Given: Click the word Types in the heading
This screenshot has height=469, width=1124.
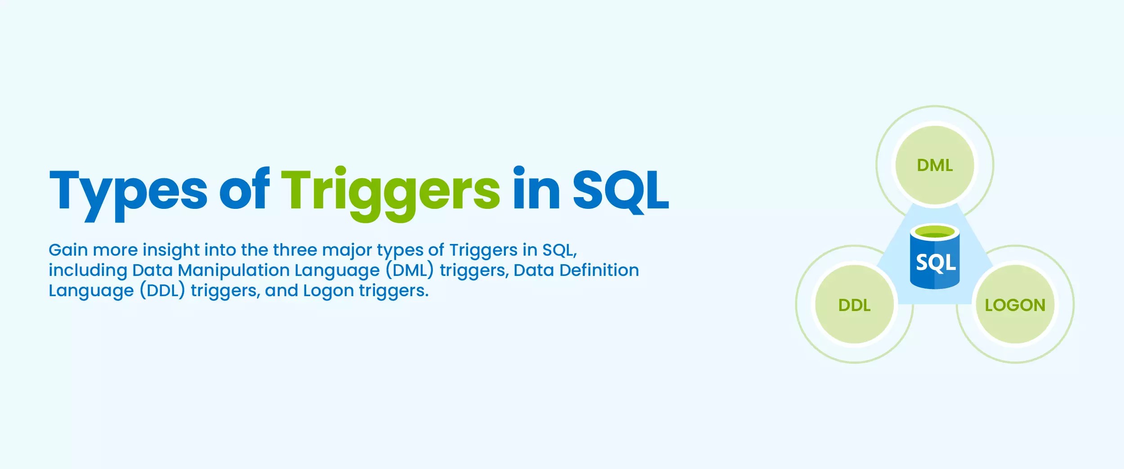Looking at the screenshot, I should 128,191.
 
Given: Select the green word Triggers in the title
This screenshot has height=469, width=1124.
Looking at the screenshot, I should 390,191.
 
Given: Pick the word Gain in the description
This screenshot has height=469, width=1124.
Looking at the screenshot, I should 68,250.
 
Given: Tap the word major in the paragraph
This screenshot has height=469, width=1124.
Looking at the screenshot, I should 347,251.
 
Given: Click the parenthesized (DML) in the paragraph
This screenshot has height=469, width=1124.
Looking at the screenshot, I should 410,270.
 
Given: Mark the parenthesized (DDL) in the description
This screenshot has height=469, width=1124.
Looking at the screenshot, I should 162,290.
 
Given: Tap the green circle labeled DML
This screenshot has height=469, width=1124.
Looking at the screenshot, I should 935,165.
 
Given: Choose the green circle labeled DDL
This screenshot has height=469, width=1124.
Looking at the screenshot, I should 854,305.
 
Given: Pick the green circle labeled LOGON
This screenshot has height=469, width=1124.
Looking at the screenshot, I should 1015,305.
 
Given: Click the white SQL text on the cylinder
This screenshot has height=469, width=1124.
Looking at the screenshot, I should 936,262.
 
